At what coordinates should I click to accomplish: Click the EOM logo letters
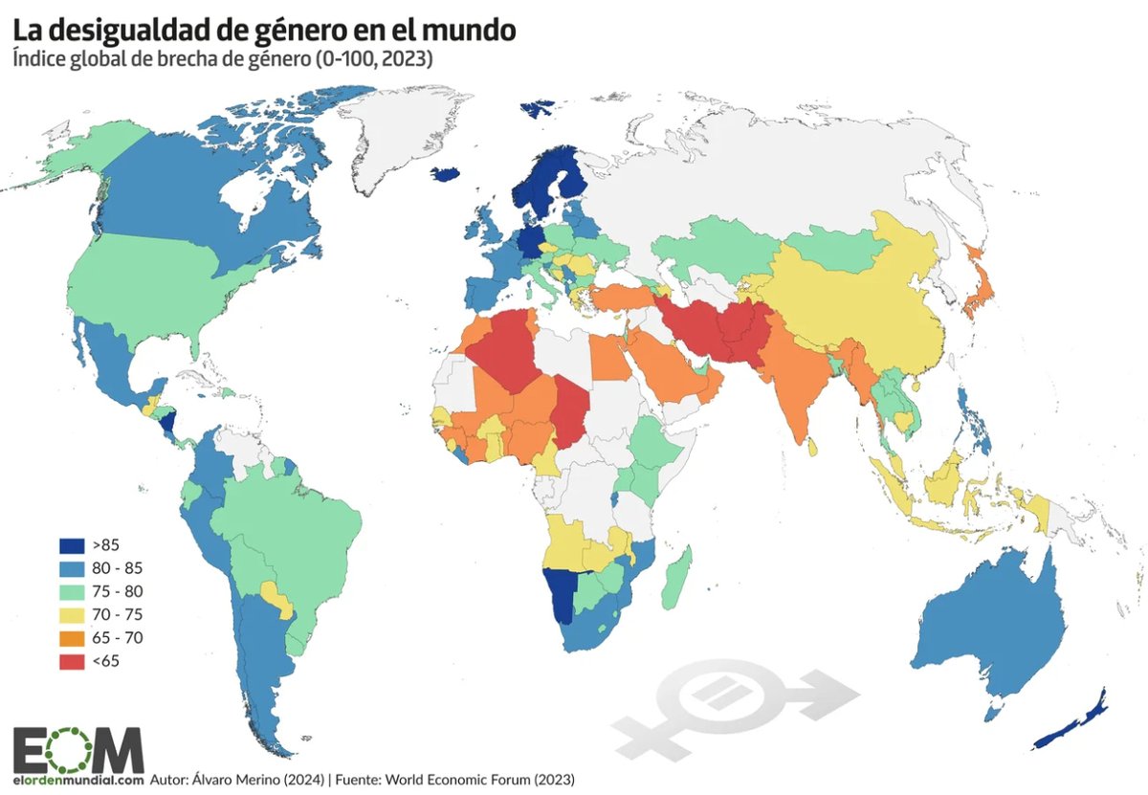point(77,747)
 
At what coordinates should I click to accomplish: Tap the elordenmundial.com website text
point(77,780)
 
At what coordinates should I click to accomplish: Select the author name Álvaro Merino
point(247,780)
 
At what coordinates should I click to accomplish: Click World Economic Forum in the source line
point(451,780)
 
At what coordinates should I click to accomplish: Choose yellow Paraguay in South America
point(278,599)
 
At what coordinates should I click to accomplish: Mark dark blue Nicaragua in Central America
point(169,421)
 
